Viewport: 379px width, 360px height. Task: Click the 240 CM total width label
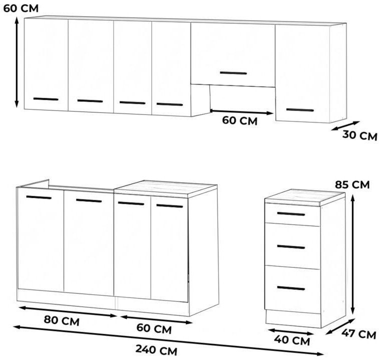pos(156,350)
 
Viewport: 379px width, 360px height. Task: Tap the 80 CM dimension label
pos(61,320)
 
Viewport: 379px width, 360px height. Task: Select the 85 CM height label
pos(352,184)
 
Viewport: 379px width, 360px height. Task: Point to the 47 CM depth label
pos(358,334)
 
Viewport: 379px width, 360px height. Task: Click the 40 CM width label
pos(291,340)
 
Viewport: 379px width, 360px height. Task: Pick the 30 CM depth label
pos(359,135)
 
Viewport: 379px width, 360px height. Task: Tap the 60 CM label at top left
pos(21,8)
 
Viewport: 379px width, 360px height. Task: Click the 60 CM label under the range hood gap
pos(240,120)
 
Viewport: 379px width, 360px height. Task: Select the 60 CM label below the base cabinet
pos(154,329)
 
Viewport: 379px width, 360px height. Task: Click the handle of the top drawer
pos(291,213)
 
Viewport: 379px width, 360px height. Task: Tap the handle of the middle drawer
pos(291,247)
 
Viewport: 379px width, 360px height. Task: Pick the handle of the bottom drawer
pos(291,288)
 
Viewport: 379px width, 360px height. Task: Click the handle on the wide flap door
pos(233,73)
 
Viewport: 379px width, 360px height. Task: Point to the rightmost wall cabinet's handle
pos(299,110)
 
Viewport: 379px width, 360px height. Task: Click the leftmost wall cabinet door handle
pos(45,99)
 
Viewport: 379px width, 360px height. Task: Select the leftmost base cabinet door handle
pos(38,197)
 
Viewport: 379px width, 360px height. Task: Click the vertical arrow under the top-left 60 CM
pos(16,62)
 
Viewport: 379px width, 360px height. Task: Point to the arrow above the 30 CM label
pos(345,125)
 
